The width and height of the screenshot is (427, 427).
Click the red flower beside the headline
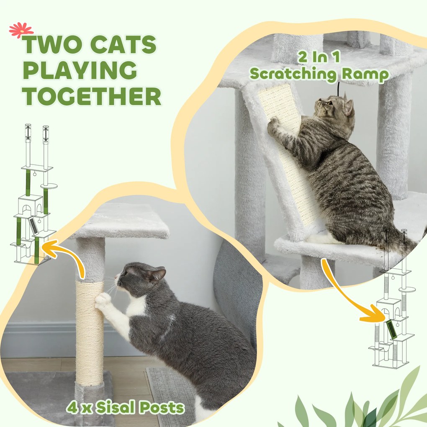pyautogui.click(x=21, y=30)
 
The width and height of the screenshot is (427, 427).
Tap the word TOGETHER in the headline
pyautogui.click(x=92, y=96)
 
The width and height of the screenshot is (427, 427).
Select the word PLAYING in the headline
pyautogui.click(x=80, y=70)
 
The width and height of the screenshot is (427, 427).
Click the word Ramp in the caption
pyautogui.click(x=365, y=75)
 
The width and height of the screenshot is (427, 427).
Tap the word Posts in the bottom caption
pyautogui.click(x=162, y=408)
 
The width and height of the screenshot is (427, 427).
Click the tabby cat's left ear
pyautogui.click(x=348, y=107)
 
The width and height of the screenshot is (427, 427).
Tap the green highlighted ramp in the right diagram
pyautogui.click(x=391, y=329)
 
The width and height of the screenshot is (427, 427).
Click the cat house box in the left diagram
pyautogui.click(x=30, y=205)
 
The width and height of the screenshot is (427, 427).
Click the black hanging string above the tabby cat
pyautogui.click(x=338, y=89)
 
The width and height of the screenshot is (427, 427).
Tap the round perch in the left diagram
pyautogui.click(x=49, y=186)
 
